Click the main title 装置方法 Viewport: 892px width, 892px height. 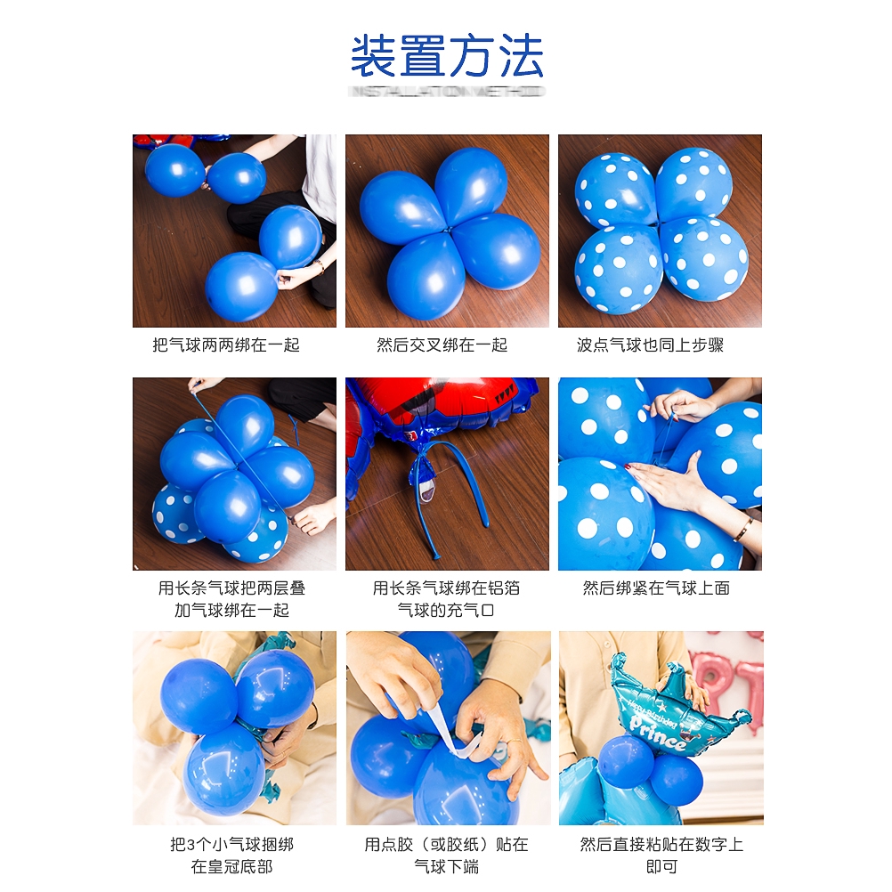coord(446,56)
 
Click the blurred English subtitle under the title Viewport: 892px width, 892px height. coord(446,92)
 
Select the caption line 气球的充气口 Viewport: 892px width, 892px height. coord(446,610)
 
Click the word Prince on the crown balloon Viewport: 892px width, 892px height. coord(660,734)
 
